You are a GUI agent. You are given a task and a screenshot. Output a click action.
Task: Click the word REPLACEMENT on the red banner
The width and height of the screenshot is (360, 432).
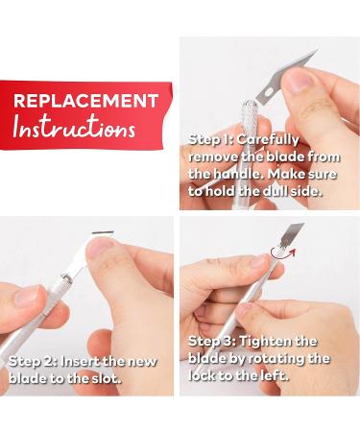pos(85,101)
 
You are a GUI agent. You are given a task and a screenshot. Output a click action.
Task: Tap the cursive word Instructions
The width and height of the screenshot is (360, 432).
pos(74,127)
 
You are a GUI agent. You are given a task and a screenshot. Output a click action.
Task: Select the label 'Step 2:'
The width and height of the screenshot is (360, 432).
pos(33,362)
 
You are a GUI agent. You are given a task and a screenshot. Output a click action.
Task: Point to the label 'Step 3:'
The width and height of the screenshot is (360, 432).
pos(212,342)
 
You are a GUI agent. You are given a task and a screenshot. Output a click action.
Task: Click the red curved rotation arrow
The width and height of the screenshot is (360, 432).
pos(281,252)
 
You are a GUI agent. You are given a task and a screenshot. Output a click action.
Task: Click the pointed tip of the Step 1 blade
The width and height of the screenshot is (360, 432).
pos(317,50)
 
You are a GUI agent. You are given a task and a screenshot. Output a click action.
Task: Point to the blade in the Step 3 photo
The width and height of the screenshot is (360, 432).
pos(291,235)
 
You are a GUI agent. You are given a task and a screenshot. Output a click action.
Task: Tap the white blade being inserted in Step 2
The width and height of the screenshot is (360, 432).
pos(84,252)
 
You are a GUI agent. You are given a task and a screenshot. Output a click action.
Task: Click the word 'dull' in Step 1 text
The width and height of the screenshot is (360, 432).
pos(275,191)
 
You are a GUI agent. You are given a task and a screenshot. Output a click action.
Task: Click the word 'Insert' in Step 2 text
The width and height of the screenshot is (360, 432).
pos(81,362)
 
